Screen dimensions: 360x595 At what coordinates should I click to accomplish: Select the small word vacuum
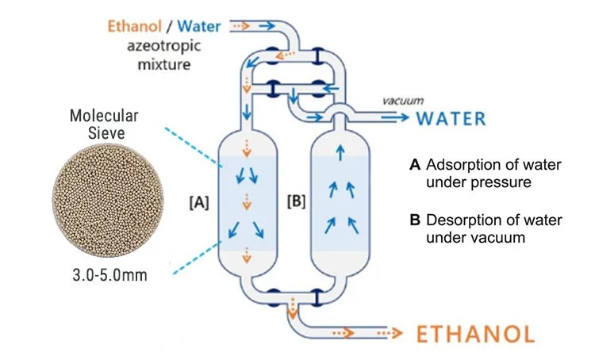tap(403, 101)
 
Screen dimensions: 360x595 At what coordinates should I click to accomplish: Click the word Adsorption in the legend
tap(463, 165)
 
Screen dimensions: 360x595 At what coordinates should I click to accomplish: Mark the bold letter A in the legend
tap(414, 165)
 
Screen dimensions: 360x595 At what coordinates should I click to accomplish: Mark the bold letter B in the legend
tap(414, 220)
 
